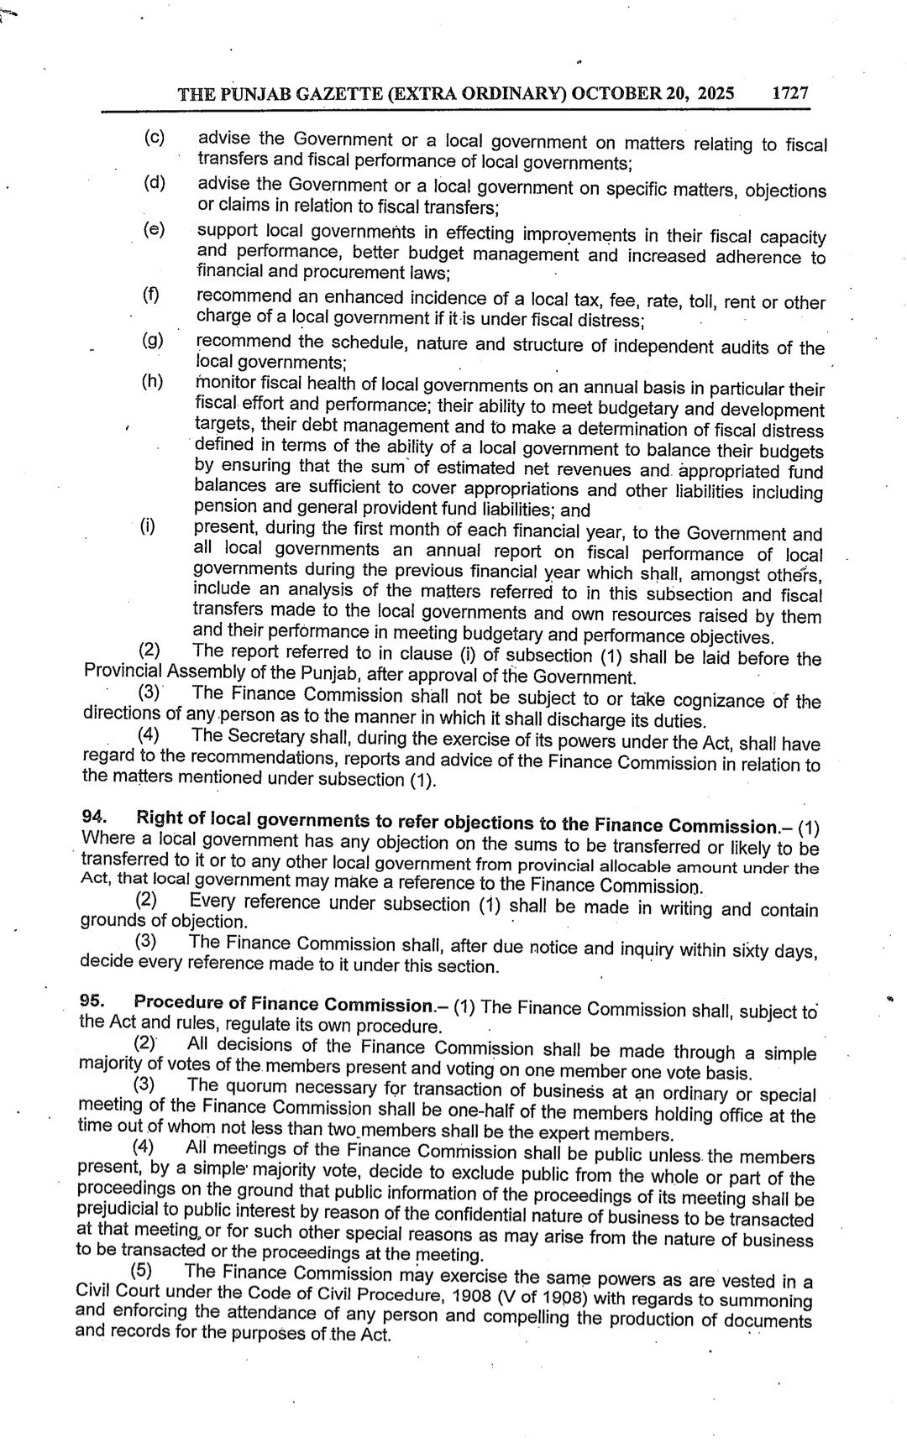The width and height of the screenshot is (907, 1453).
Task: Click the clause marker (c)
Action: [x=154, y=137]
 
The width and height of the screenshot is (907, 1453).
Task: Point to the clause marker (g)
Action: [x=153, y=339]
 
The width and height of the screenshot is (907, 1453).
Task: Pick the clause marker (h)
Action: [x=152, y=382]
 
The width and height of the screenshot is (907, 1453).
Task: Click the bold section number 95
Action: [x=92, y=1001]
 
